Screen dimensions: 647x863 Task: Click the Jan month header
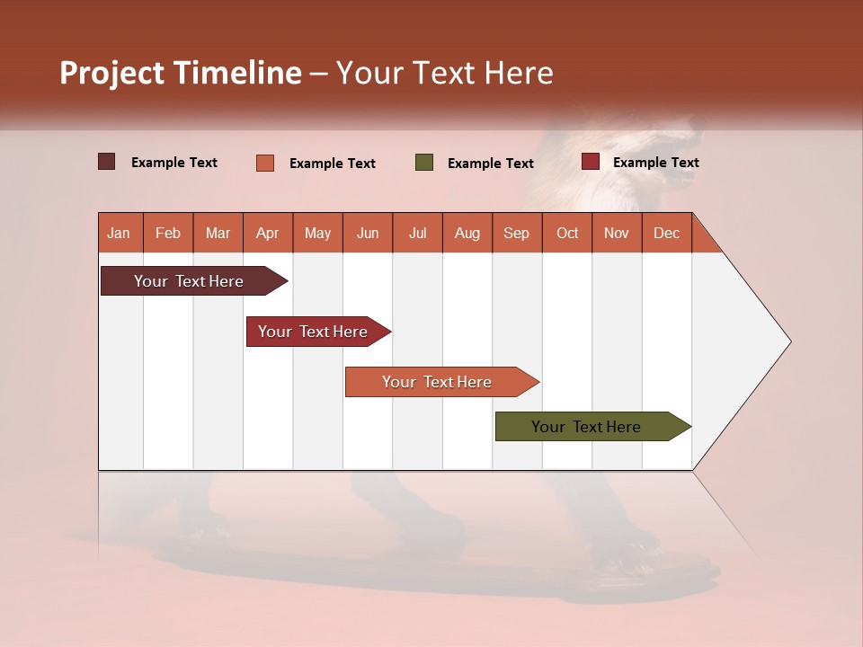point(119,233)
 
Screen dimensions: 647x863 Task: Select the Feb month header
point(168,233)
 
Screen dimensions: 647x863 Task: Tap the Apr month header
point(268,233)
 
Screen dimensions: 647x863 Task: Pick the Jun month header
point(368,233)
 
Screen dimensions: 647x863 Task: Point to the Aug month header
point(467,233)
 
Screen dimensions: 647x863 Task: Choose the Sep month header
point(517,233)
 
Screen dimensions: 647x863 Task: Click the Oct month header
point(567,233)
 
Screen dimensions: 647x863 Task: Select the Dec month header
point(667,233)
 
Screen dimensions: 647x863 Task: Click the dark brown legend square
point(107,162)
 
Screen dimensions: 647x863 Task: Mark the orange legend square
point(265,163)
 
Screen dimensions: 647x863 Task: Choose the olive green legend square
point(424,163)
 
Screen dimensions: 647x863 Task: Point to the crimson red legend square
point(591,162)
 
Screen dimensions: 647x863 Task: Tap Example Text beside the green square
point(491,163)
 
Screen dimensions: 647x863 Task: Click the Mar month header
point(218,233)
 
